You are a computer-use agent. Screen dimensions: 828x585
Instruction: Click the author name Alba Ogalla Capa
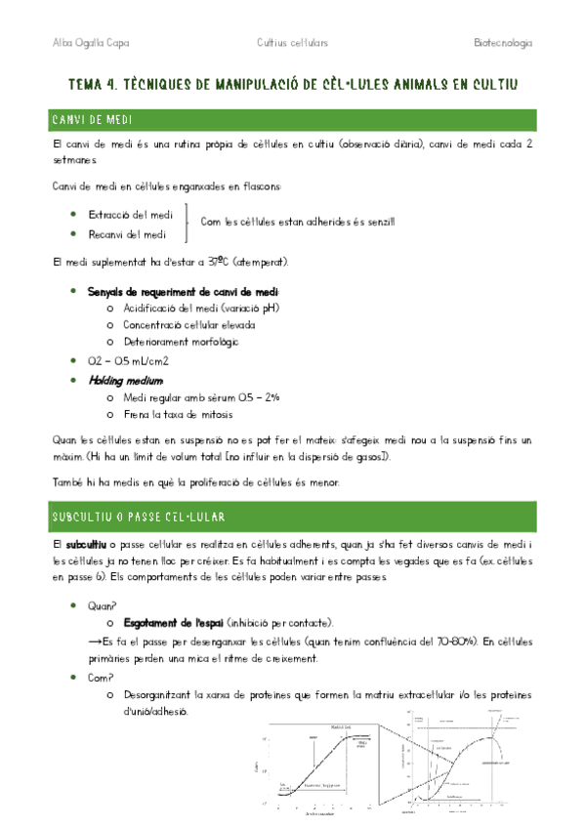coord(90,44)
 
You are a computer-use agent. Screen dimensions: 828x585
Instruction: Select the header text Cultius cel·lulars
coord(292,44)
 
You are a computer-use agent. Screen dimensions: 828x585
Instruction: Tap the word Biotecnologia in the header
coord(502,44)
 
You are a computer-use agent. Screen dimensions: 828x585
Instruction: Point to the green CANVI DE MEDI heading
coord(99,119)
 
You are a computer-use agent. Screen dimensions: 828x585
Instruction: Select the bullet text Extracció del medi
coord(131,214)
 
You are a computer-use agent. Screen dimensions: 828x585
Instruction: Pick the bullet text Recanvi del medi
coord(127,234)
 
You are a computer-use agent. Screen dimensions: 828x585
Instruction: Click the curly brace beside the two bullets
coord(187,224)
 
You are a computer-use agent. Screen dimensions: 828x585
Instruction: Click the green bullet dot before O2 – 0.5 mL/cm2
coord(75,360)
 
